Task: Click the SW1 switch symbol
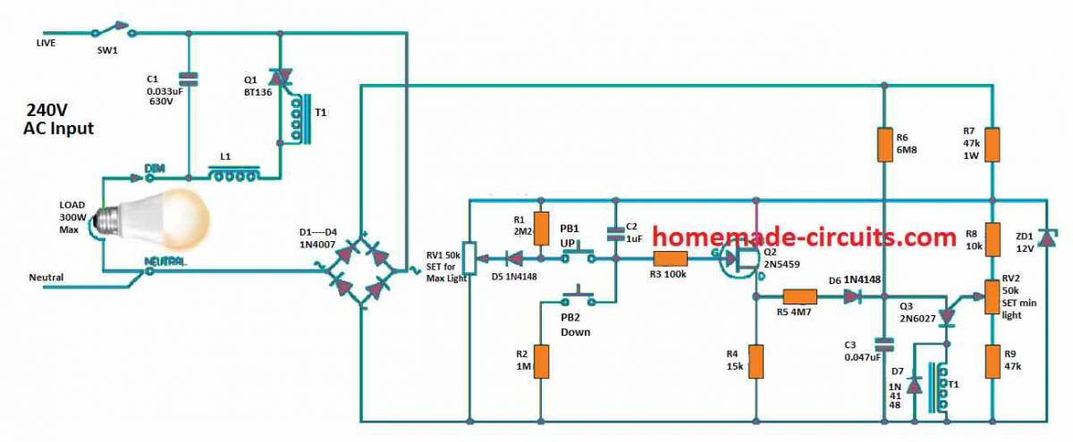pos(116,34)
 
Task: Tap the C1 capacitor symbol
pos(188,79)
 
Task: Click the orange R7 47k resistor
pos(993,144)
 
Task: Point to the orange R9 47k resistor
pos(993,362)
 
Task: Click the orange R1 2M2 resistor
pos(540,227)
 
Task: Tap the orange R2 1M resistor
pos(540,362)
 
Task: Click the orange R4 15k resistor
pos(756,362)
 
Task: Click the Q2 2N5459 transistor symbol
pos(742,262)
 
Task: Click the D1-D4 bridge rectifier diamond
pos(362,269)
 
